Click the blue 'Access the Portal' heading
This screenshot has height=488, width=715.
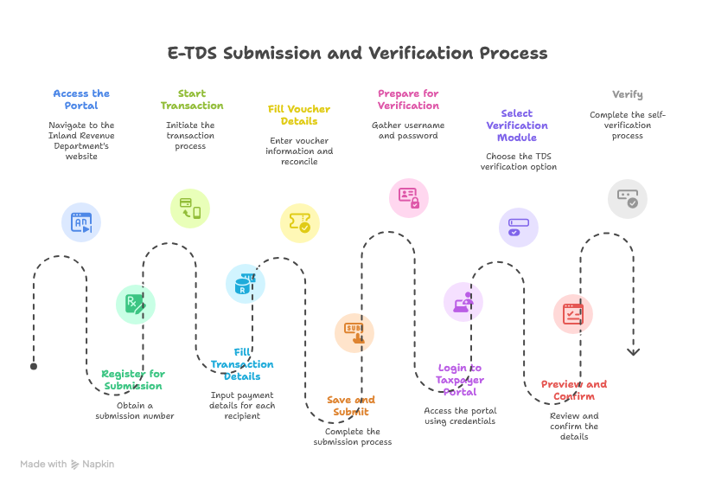81,100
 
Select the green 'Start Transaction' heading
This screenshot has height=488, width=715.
192,100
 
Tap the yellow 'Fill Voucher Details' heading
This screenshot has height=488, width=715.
299,115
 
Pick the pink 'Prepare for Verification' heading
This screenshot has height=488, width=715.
408,100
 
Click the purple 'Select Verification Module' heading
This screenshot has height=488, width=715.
517,125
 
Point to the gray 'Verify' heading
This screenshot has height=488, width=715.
628,94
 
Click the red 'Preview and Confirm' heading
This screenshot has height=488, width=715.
573,390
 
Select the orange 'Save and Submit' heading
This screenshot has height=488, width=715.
351,406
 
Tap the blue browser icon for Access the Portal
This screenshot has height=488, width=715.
81,222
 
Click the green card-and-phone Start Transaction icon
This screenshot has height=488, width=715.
190,209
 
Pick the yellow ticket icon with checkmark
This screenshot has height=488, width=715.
300,222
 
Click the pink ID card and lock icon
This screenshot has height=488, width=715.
409,198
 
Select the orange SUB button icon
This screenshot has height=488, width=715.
354,333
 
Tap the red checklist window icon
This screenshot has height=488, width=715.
573,314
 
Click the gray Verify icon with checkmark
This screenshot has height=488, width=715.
628,199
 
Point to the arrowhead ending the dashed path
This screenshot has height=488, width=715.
633,352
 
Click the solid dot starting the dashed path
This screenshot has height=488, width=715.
34,366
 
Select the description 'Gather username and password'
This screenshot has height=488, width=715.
408,130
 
